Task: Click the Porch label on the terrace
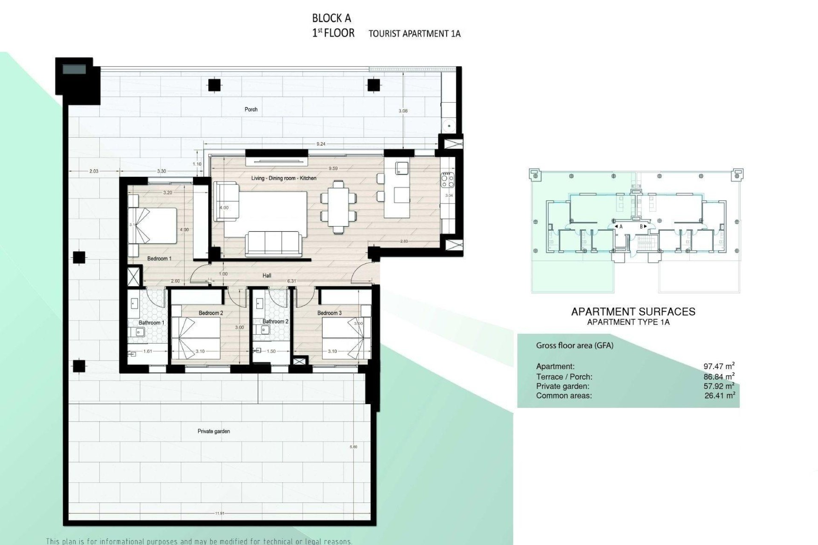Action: click(x=251, y=109)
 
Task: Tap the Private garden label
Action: click(x=213, y=431)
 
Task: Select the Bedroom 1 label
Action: click(x=159, y=258)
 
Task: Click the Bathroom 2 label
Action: click(x=275, y=321)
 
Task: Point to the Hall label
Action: click(x=267, y=275)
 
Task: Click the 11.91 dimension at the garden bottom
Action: click(x=219, y=513)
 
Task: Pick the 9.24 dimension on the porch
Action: click(x=321, y=144)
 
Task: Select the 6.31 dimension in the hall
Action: click(x=292, y=281)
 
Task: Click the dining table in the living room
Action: click(x=338, y=207)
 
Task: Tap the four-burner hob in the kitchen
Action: click(x=448, y=180)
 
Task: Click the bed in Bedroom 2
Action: click(x=196, y=339)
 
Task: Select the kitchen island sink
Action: click(x=401, y=168)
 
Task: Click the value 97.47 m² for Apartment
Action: click(x=719, y=366)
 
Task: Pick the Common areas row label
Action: click(x=564, y=396)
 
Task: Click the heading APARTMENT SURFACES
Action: click(x=633, y=312)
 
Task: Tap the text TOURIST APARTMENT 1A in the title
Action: click(x=414, y=34)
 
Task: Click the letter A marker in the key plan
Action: click(x=621, y=227)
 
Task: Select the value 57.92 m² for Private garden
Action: click(x=719, y=386)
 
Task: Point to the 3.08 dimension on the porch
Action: click(x=403, y=111)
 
